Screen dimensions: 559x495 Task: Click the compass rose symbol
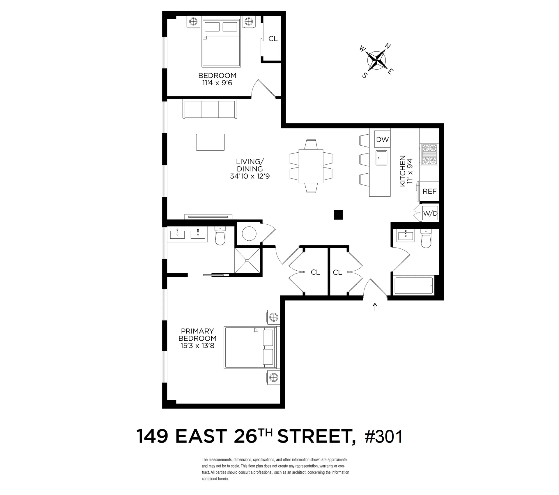(377, 61)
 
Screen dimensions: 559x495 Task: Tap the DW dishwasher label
(382, 140)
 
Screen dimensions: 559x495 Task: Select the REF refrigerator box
(429, 191)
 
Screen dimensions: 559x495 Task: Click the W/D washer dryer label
(430, 214)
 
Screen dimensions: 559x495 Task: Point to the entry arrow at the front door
(375, 306)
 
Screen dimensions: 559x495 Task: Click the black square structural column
(338, 215)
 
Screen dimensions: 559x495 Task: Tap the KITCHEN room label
(403, 171)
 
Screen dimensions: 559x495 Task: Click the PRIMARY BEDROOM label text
(197, 335)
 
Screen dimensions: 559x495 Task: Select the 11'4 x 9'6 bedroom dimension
(217, 83)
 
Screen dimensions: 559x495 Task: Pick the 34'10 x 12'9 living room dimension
(250, 176)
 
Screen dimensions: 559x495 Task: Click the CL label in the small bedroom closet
(273, 39)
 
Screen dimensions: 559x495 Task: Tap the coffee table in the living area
(210, 142)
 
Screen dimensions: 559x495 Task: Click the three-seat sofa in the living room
(210, 109)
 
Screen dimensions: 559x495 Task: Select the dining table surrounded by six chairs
(311, 166)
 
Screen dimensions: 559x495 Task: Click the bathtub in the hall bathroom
(413, 286)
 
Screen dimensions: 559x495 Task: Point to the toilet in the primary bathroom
(220, 236)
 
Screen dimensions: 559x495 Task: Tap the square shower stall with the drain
(247, 260)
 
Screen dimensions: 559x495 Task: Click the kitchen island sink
(381, 158)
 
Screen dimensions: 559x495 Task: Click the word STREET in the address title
(316, 437)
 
